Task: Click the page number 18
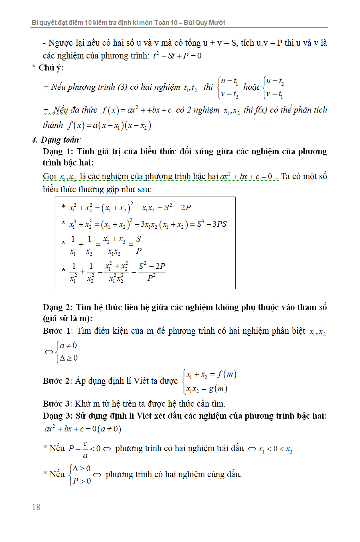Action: (36, 507)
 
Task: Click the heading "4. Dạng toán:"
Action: (57, 140)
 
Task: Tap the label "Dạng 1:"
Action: (58, 151)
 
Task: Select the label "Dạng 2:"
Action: (58, 307)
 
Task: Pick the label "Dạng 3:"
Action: (58, 416)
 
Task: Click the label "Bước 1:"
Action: (58, 331)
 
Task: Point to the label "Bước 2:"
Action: (58, 381)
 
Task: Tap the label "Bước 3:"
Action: (58, 403)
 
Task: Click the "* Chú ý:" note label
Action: (48, 68)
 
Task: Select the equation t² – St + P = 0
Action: (177, 56)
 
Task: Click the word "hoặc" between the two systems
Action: (252, 87)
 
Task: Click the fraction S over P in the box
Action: (139, 245)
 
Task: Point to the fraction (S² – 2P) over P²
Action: (152, 272)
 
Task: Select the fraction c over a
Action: (85, 449)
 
